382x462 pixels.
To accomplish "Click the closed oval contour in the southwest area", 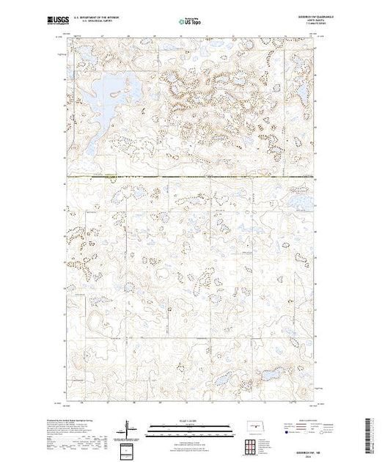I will (x=94, y=320).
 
